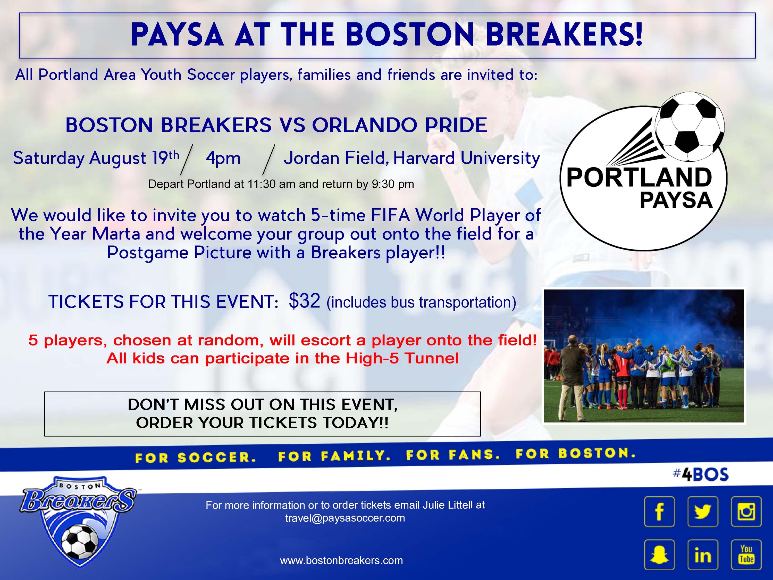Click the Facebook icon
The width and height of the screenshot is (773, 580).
pyautogui.click(x=659, y=511)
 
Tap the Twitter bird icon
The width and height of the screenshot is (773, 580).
pyautogui.click(x=703, y=511)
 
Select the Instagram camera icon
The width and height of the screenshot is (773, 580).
pyautogui.click(x=746, y=511)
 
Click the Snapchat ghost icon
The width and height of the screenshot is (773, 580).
pyautogui.click(x=659, y=555)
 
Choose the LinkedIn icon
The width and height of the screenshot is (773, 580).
pyautogui.click(x=703, y=555)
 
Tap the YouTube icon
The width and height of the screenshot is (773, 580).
pyautogui.click(x=746, y=555)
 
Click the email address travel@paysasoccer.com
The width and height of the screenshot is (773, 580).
pyautogui.click(x=345, y=518)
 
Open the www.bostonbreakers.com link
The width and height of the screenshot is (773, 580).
pyautogui.click(x=341, y=560)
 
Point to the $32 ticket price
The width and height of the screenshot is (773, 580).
pyautogui.click(x=304, y=300)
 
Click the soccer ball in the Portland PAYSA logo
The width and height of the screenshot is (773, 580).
pyautogui.click(x=689, y=127)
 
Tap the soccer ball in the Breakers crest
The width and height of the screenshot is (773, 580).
pyautogui.click(x=80, y=542)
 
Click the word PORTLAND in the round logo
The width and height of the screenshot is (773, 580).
pyautogui.click(x=639, y=177)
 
